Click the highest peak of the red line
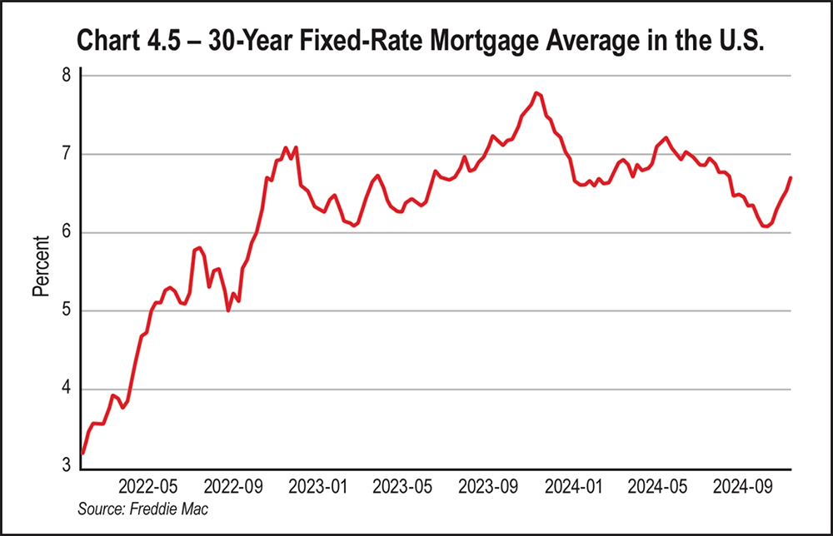(x=537, y=92)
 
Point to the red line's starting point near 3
(x=82, y=453)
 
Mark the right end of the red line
(x=791, y=177)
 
